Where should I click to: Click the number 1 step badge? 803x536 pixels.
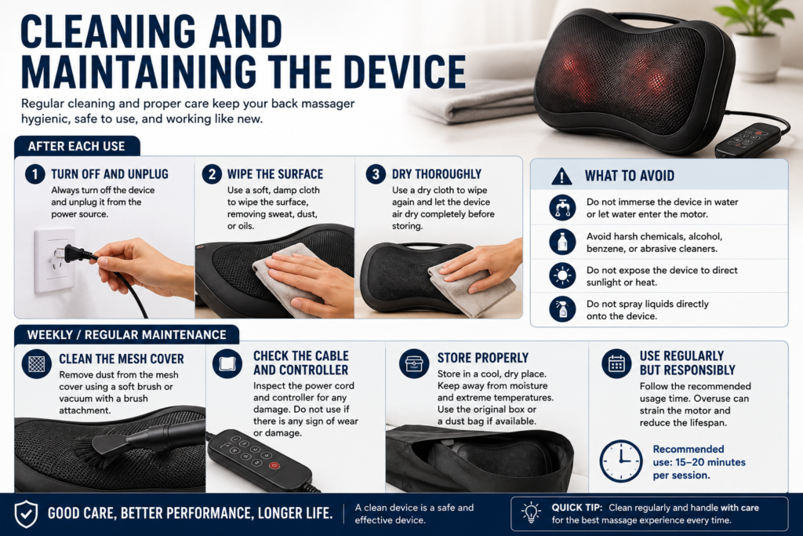pos(35,174)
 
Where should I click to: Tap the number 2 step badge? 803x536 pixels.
pos(212,174)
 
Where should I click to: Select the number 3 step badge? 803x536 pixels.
pos(376,174)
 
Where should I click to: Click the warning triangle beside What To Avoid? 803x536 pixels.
pos(561,177)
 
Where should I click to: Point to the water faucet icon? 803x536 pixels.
pos(562,207)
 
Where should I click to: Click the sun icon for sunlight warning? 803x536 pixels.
pos(562,275)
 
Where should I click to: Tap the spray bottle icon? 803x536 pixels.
pos(562,309)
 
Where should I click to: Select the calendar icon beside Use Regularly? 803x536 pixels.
pos(616,363)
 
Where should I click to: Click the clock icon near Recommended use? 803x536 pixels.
pos(621,461)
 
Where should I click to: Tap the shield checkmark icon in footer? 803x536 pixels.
pos(26,514)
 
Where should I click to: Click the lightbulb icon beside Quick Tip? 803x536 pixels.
pos(531,512)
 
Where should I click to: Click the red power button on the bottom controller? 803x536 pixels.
pos(274,466)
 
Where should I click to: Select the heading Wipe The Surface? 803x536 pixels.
pos(275,174)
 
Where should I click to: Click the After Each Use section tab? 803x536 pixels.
pos(77,146)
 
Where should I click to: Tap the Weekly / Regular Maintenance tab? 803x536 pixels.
pos(126,334)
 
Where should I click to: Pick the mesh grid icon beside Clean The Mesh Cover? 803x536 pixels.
pos(36,363)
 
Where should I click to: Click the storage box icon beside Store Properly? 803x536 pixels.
pos(414,363)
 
